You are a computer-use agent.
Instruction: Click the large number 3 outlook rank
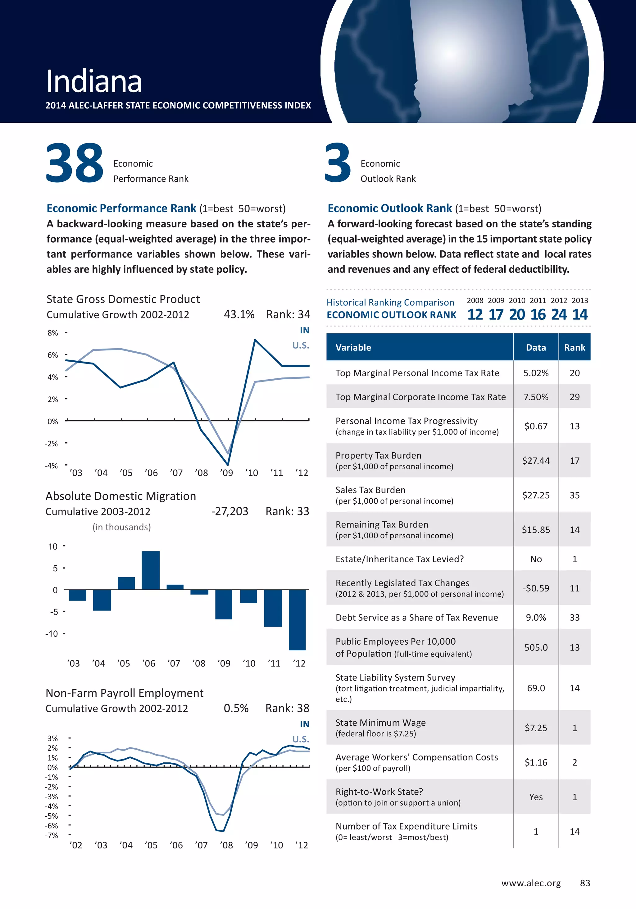tap(338, 163)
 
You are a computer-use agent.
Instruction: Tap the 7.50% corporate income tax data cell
tap(536, 397)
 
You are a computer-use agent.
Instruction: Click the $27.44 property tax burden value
tap(536, 460)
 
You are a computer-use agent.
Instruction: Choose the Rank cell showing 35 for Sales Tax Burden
tap(574, 495)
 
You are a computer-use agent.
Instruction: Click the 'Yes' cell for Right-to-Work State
tap(536, 797)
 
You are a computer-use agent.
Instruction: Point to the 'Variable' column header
tap(353, 348)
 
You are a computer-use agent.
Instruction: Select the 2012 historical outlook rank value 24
tap(559, 314)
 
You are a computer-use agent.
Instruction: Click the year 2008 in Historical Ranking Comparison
tap(475, 300)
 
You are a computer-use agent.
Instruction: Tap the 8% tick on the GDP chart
tap(52, 333)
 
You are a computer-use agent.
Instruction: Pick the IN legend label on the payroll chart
tap(304, 724)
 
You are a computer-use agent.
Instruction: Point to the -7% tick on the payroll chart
tap(52, 835)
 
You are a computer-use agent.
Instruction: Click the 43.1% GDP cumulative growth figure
tap(239, 314)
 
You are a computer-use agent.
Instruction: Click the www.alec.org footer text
tap(531, 883)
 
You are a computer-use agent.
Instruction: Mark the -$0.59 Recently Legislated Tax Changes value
tap(536, 588)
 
